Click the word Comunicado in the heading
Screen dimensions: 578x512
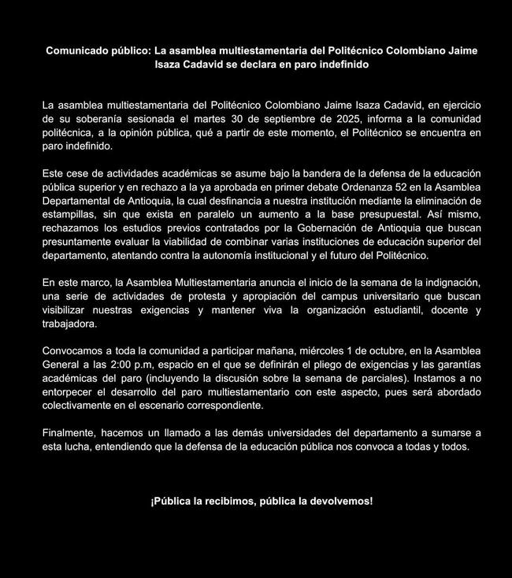77,50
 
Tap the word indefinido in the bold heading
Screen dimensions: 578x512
341,64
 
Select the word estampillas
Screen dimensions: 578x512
70,213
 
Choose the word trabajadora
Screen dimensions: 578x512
70,324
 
